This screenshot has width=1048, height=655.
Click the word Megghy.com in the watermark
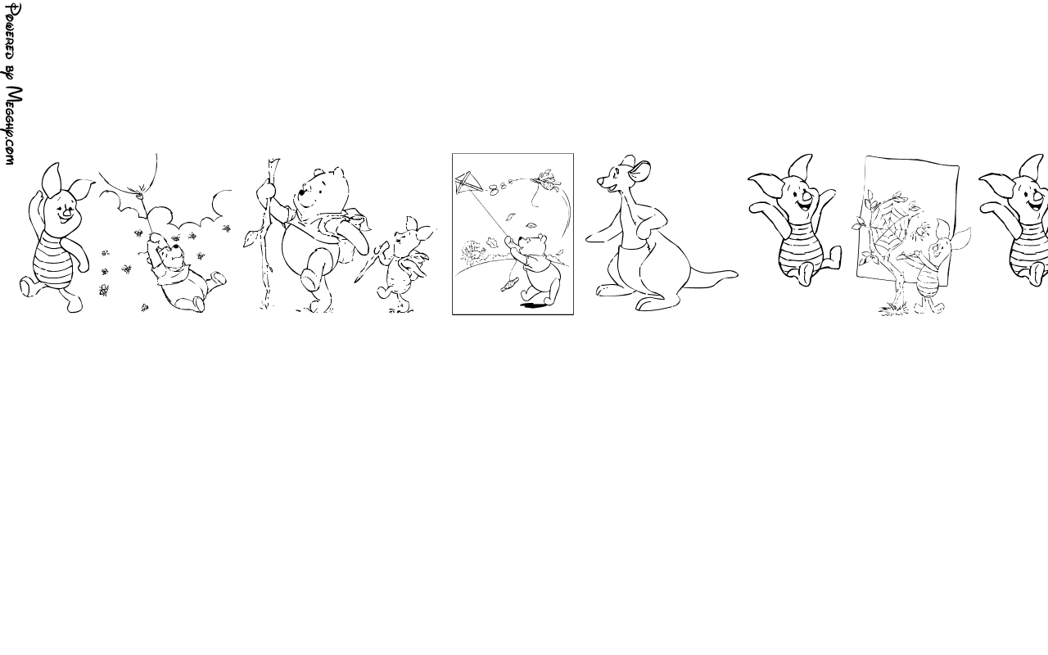14,125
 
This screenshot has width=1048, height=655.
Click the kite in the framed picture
469,183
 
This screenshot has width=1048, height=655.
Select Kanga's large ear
639,171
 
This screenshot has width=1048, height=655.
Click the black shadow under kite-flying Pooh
533,305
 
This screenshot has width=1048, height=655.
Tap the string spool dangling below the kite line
509,284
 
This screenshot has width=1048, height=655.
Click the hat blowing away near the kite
545,178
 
